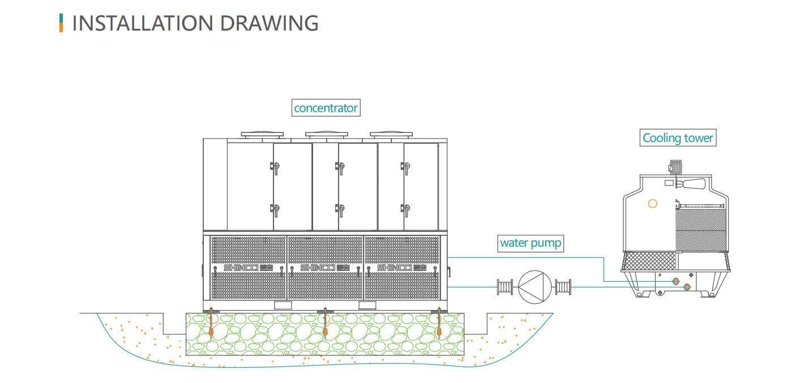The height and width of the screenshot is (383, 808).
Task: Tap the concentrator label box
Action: (326, 107)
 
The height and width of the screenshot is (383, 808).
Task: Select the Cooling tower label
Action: (678, 137)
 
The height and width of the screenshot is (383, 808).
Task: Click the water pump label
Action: (531, 243)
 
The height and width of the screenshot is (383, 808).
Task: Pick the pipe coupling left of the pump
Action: (504, 286)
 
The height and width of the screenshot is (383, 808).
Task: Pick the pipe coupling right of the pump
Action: (563, 286)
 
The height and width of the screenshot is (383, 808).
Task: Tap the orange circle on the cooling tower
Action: (653, 204)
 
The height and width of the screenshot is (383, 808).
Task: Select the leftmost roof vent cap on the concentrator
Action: (262, 135)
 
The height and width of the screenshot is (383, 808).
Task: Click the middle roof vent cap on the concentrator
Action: (326, 135)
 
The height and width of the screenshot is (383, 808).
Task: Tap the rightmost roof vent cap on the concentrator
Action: (391, 135)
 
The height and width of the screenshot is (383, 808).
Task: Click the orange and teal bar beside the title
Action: (61, 23)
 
